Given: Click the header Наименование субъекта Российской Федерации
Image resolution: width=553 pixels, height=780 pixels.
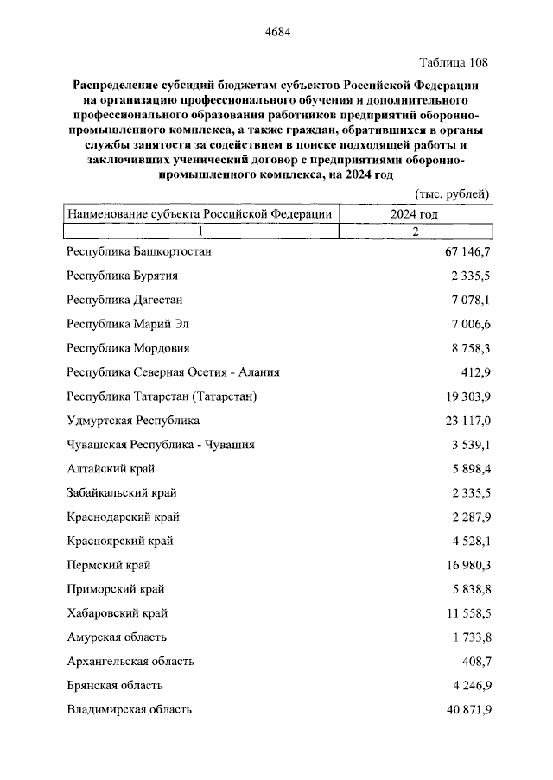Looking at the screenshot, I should [x=200, y=213].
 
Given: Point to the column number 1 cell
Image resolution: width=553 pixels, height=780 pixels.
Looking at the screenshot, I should [x=200, y=231].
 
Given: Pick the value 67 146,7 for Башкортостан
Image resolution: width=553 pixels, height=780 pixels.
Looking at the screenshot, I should [x=461, y=251].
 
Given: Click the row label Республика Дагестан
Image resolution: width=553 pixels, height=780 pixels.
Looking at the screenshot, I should [x=124, y=300].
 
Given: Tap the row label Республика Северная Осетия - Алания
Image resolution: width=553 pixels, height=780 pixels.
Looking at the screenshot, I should [x=173, y=372].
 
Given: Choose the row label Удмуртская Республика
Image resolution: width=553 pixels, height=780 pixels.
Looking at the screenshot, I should [x=133, y=421].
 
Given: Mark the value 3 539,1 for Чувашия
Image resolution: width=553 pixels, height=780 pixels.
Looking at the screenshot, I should [x=467, y=445].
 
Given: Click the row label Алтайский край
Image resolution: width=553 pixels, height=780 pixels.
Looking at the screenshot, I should [x=111, y=469].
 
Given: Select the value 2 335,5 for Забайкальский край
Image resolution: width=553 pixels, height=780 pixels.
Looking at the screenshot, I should [x=467, y=493].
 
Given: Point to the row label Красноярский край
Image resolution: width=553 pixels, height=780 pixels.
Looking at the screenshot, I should [x=119, y=541].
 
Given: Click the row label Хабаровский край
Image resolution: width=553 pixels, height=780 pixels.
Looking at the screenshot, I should [x=117, y=613].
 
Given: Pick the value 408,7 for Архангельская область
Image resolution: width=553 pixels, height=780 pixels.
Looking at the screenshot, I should [x=473, y=662].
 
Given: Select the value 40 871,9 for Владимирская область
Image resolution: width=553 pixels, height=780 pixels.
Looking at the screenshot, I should [x=461, y=710].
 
